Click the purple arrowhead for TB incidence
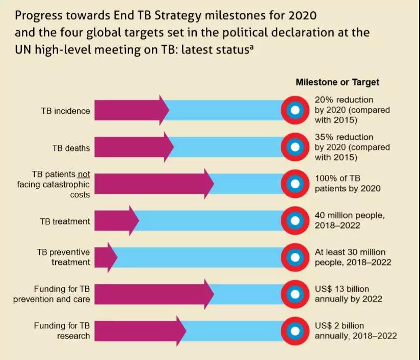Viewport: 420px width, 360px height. (x=162, y=110)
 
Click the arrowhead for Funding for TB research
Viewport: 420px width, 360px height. (x=179, y=331)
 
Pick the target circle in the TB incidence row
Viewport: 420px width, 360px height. (x=294, y=110)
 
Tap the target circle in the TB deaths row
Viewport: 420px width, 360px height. (x=294, y=147)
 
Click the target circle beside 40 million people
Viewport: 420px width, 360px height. (x=294, y=221)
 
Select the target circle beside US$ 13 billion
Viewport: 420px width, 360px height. (x=294, y=295)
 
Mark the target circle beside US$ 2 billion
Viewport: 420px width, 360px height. (x=294, y=331)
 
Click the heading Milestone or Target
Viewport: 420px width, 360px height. (x=337, y=82)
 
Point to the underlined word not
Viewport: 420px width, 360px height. (x=84, y=173)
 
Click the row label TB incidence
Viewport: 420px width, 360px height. (x=65, y=111)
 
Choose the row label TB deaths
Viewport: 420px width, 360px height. (x=71, y=148)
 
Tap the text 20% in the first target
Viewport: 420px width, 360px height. (x=324, y=99)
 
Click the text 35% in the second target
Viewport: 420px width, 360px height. (x=324, y=137)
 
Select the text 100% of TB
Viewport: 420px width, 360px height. (x=338, y=178)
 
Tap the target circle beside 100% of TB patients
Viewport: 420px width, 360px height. (x=294, y=184)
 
